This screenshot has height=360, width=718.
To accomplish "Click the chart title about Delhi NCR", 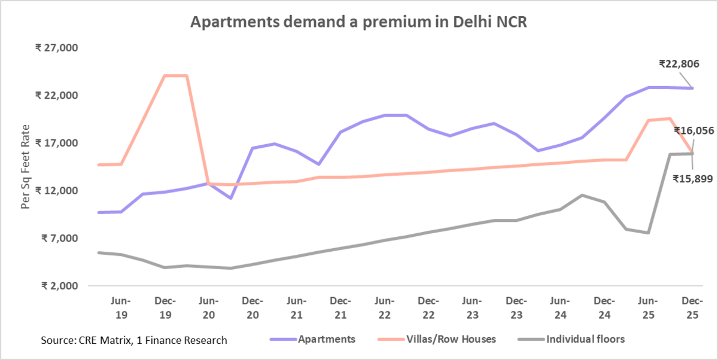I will pos(358,23).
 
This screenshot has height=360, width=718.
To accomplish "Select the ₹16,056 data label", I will pos(693,130).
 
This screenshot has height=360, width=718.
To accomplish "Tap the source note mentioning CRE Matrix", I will pos(134,340).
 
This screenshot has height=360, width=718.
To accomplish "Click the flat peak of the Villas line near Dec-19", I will pos(176,75).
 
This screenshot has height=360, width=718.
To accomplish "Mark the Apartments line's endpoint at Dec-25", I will pos(693,89).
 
